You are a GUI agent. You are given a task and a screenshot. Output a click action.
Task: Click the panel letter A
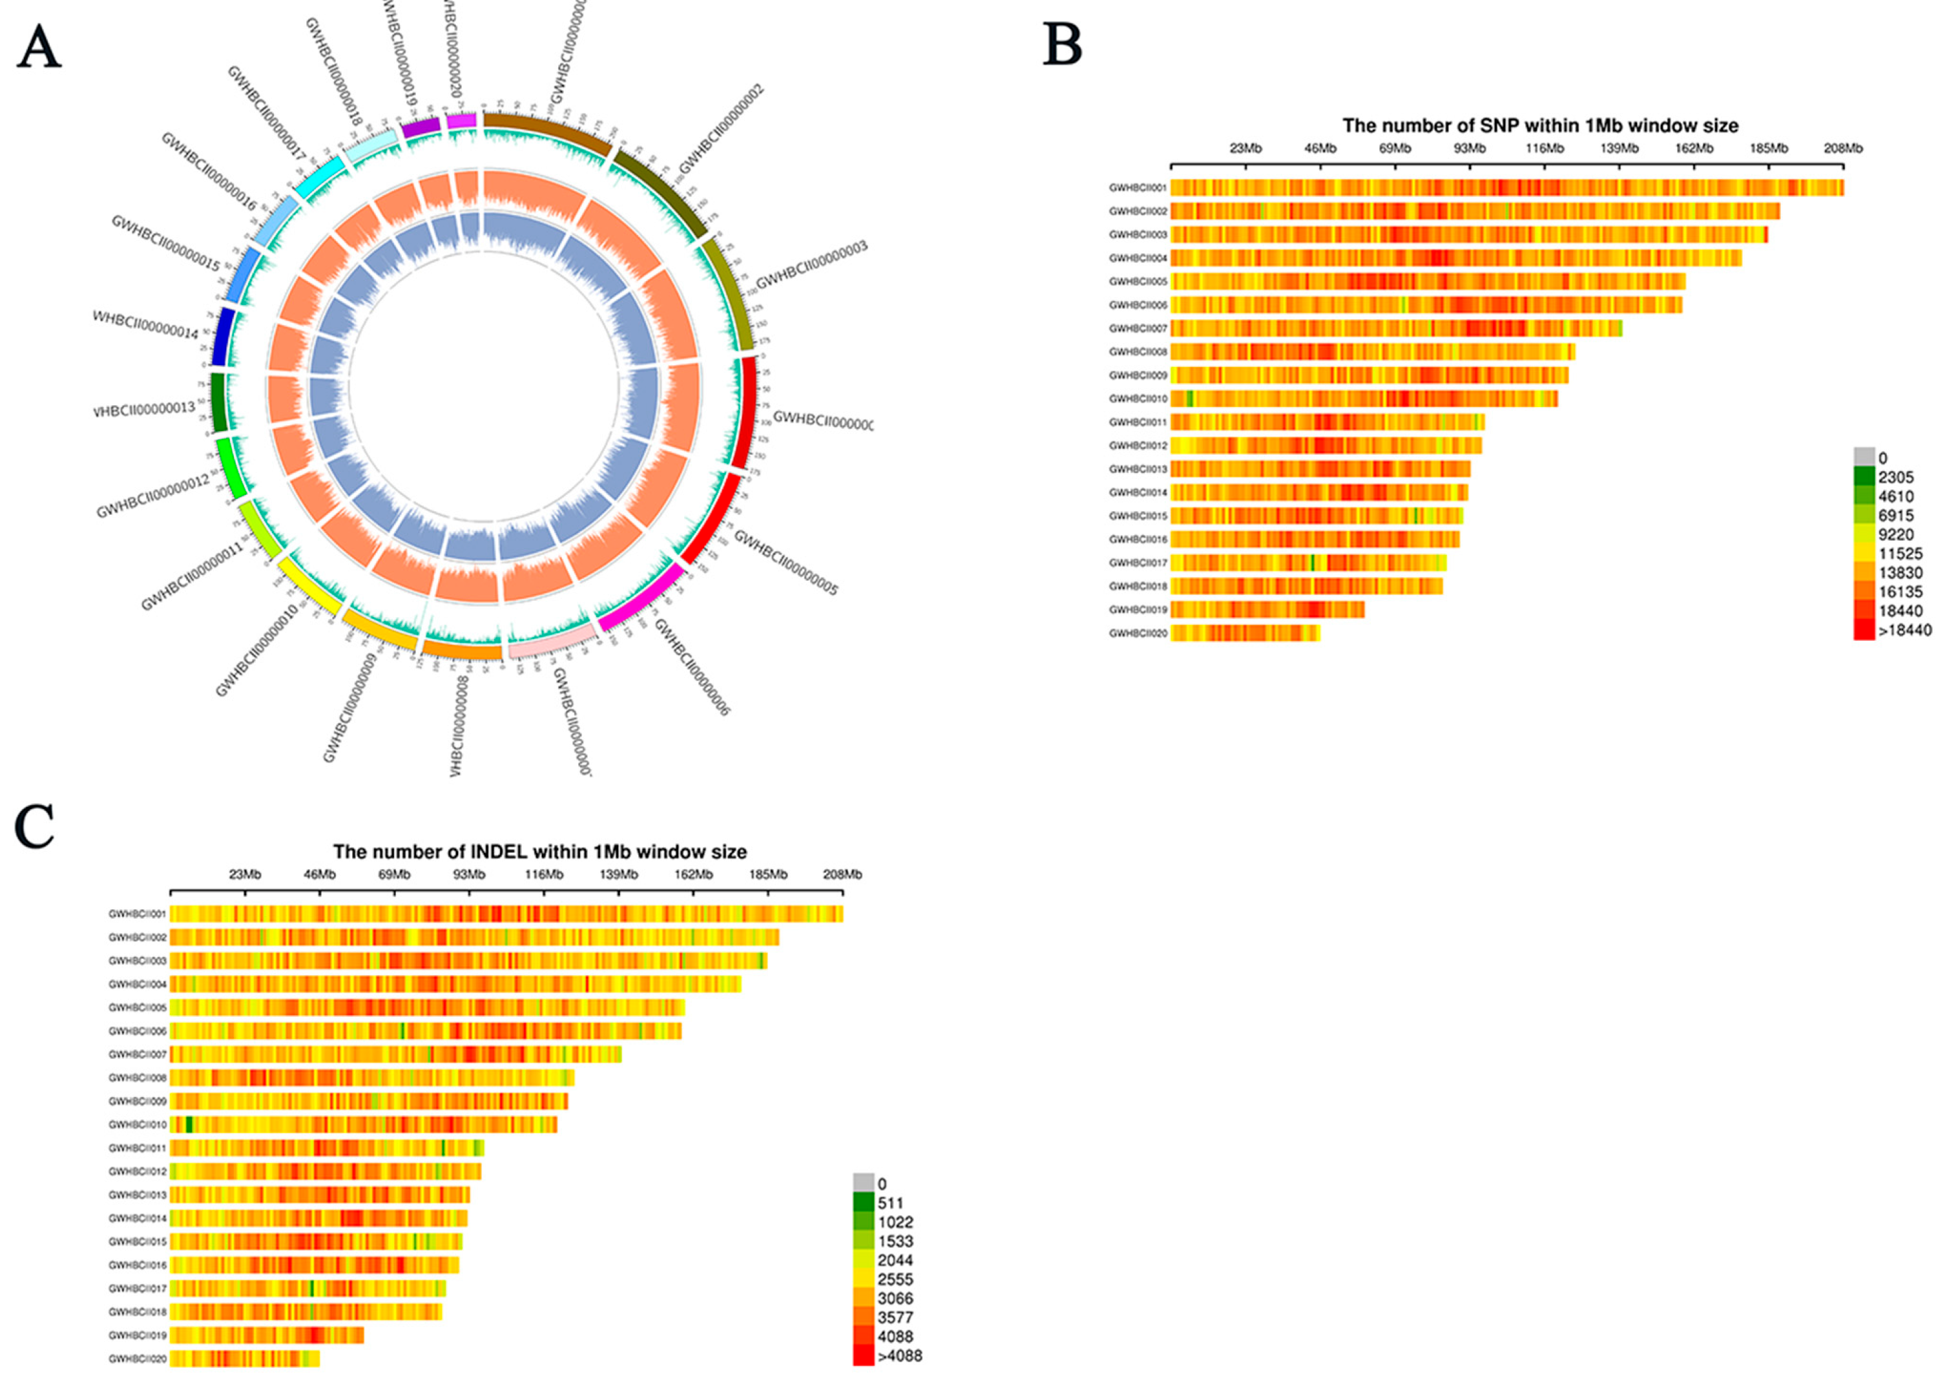pos(39,48)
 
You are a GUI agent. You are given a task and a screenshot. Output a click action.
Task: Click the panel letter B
pos(1063,45)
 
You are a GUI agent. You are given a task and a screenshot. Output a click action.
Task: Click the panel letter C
pos(35,826)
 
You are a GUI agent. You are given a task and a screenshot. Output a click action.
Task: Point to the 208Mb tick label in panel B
pos(1842,149)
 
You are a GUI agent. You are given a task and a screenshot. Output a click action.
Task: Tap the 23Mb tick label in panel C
pos(245,874)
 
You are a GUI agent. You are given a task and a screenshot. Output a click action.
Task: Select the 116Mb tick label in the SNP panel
pos(1544,149)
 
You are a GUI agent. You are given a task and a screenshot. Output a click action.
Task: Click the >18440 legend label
pos(1905,631)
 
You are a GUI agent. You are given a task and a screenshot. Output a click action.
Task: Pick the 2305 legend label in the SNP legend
pos(1896,477)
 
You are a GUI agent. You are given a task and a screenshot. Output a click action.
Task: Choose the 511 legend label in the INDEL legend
pos(890,1203)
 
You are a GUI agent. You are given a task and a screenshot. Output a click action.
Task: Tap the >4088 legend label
pos(900,1356)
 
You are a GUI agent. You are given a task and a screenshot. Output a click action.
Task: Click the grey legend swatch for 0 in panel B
pos(1864,457)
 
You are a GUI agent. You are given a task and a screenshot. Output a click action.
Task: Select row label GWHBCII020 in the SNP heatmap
pos(1138,633)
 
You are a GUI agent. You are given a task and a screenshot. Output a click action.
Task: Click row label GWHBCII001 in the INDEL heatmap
pos(137,914)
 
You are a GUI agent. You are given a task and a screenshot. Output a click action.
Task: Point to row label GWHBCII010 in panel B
pos(1138,399)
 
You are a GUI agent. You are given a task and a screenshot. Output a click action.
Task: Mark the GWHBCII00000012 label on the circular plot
pos(152,497)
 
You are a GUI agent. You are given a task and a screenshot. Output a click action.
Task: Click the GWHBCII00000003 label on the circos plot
pos(811,264)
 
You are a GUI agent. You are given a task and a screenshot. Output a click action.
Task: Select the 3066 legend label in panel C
pos(895,1299)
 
